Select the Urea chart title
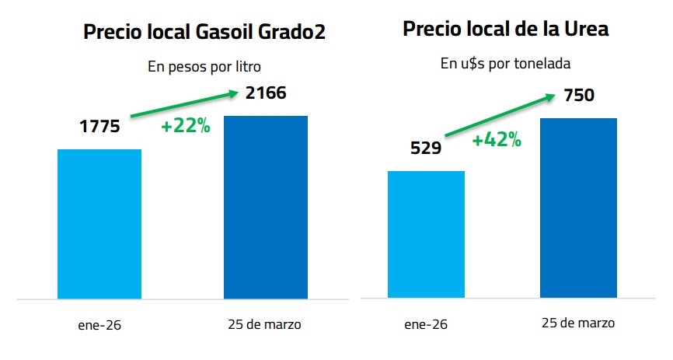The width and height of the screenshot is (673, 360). pos(505,30)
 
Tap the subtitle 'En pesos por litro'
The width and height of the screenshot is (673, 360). pos(204,67)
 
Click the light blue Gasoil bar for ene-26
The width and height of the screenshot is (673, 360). pos(99,224)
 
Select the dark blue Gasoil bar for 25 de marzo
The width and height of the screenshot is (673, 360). pos(266,207)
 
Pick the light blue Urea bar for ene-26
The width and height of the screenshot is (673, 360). pos(426,234)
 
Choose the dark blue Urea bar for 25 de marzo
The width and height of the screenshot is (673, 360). pos(578,208)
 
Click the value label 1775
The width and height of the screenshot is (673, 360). pos(100,125)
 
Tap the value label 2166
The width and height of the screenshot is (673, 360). pos(266,94)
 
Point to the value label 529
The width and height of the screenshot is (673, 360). pos(426,149)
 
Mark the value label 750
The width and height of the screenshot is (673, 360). pos(578,96)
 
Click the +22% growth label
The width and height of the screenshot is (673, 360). pos(186,126)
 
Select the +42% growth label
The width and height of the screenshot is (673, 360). pos(497,141)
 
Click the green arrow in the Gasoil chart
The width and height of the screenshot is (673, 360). pos(183,105)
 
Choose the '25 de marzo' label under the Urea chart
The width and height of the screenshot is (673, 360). pos(579,323)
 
